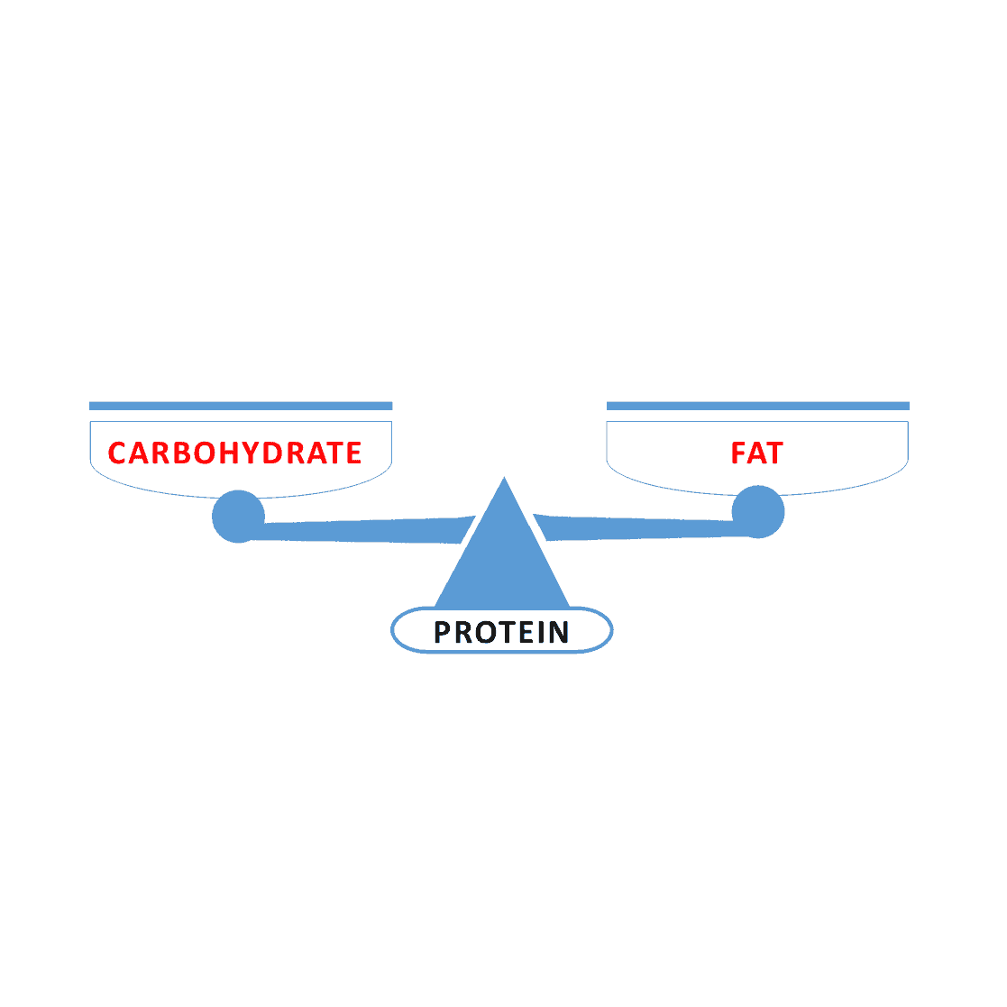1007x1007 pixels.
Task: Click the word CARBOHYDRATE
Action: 234,453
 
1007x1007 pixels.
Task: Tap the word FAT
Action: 757,453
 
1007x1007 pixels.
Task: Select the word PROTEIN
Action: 501,632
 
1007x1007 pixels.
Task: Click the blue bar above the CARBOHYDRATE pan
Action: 241,406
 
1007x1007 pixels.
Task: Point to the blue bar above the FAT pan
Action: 758,406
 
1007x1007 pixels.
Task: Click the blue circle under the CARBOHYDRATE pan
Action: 238,517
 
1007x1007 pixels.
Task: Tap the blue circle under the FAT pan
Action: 758,512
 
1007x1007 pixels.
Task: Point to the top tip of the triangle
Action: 504,477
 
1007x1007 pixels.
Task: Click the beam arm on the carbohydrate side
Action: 362,530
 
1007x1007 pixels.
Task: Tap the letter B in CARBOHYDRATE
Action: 183,453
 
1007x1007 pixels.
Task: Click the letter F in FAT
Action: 738,453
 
